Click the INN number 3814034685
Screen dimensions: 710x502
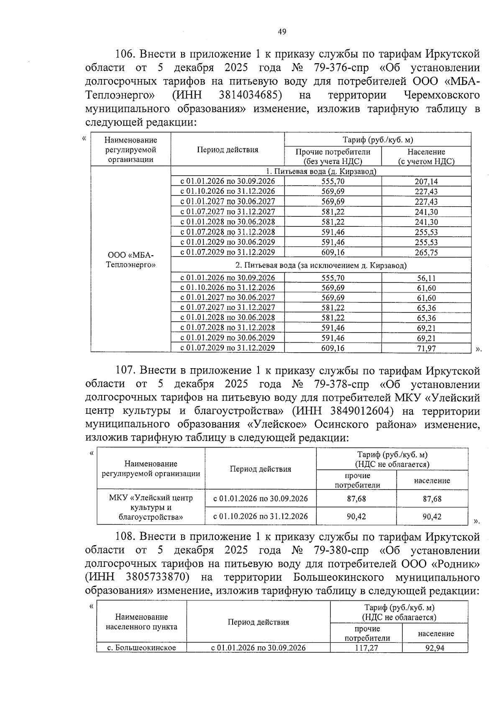[250, 95]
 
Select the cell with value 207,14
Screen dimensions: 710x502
[426, 182]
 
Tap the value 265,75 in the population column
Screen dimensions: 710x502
[426, 252]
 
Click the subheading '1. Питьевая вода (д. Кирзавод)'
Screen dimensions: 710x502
[321, 172]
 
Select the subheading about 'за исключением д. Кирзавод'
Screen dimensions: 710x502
[321, 265]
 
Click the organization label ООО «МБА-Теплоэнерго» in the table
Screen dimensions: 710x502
[131, 260]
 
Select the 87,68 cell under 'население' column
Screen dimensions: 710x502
[432, 499]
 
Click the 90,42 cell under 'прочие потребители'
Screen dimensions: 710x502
[356, 517]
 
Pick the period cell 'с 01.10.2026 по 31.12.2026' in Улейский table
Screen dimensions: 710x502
[260, 517]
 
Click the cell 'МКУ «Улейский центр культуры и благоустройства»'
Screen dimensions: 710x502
[151, 508]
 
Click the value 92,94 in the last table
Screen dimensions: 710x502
[435, 648]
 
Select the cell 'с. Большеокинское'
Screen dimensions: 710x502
[141, 648]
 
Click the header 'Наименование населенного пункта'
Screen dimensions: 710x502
[141, 622]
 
